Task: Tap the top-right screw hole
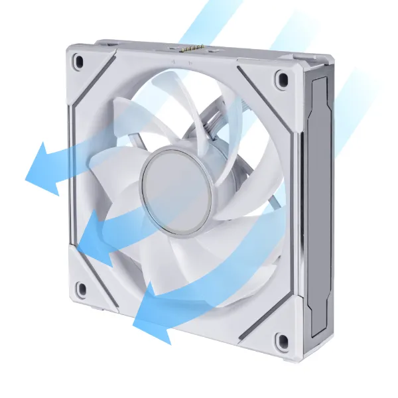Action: [x=283, y=79]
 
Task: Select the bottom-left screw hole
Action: [x=82, y=289]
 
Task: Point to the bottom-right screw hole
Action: [x=283, y=341]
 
